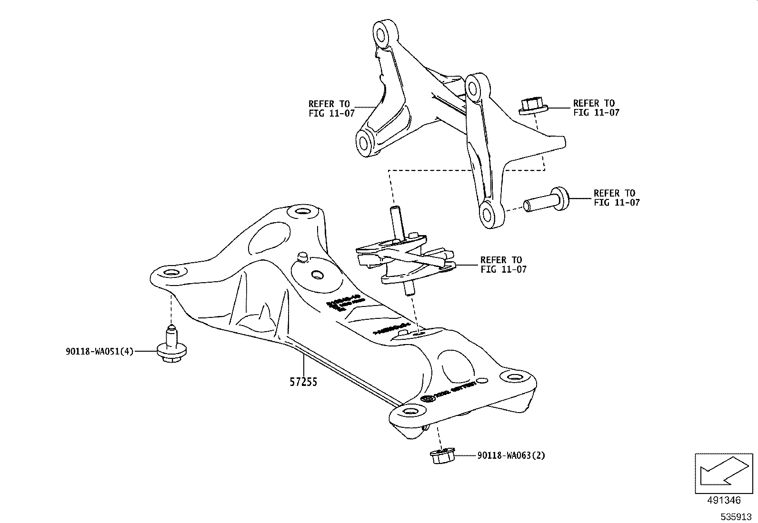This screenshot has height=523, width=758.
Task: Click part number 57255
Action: click(303, 381)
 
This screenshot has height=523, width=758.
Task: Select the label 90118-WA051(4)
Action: click(100, 352)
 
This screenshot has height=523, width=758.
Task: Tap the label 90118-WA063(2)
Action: click(511, 455)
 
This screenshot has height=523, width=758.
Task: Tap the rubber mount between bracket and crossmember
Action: click(405, 259)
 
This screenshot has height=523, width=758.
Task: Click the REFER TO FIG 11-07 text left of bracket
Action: click(331, 109)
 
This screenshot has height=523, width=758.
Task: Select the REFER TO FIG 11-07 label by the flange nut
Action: click(596, 108)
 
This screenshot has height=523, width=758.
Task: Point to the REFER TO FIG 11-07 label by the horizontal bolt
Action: click(617, 198)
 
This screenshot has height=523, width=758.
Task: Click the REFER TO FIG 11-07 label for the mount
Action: click(503, 265)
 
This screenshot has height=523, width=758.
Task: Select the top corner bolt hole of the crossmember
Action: click(302, 211)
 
